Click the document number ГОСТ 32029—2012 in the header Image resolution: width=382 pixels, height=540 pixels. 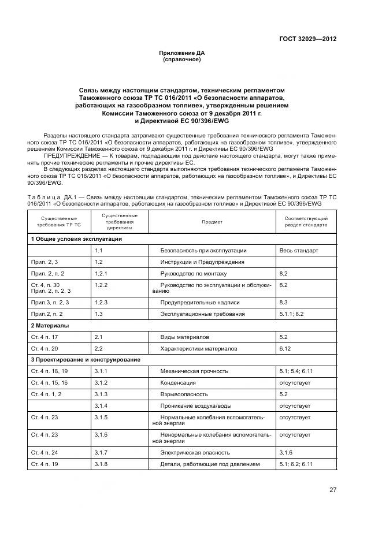[308, 39]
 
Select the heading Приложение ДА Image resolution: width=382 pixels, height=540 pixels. [182, 53]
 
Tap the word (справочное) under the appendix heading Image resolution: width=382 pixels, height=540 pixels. [182, 59]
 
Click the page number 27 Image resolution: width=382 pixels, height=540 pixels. [333, 490]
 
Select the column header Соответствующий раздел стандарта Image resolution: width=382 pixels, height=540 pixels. [306, 222]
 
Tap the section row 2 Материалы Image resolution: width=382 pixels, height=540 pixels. [50, 326]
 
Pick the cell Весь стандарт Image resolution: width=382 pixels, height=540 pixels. [298, 251]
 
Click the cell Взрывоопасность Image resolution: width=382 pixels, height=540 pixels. [186, 394]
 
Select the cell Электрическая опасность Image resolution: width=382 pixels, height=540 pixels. [195, 452]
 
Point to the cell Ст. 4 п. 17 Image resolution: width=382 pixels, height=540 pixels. [44, 337]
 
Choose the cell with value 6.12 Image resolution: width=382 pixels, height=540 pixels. [284, 349]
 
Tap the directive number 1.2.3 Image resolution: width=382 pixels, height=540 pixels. [102, 303]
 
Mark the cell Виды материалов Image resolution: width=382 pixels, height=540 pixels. [185, 337]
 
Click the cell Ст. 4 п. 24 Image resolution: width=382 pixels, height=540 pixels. [44, 452]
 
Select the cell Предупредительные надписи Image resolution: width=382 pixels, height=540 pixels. [200, 303]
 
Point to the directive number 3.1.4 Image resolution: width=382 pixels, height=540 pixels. [102, 405]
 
